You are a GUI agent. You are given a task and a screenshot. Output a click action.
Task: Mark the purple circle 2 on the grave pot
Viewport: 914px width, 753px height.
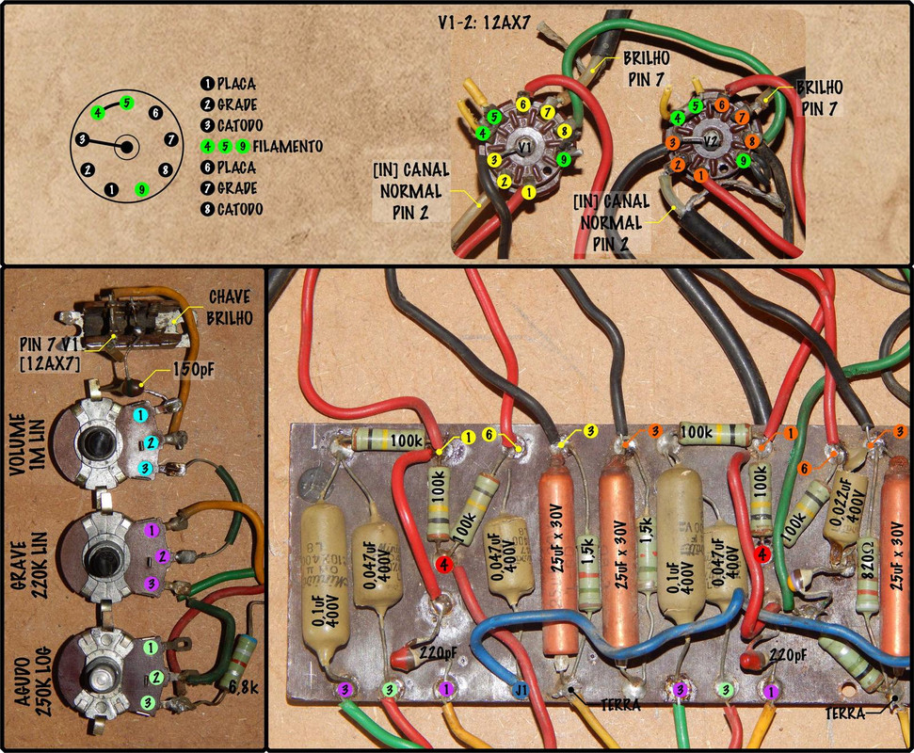(161, 557)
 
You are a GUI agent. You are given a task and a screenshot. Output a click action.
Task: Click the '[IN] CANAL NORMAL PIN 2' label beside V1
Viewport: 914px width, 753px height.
(411, 190)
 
